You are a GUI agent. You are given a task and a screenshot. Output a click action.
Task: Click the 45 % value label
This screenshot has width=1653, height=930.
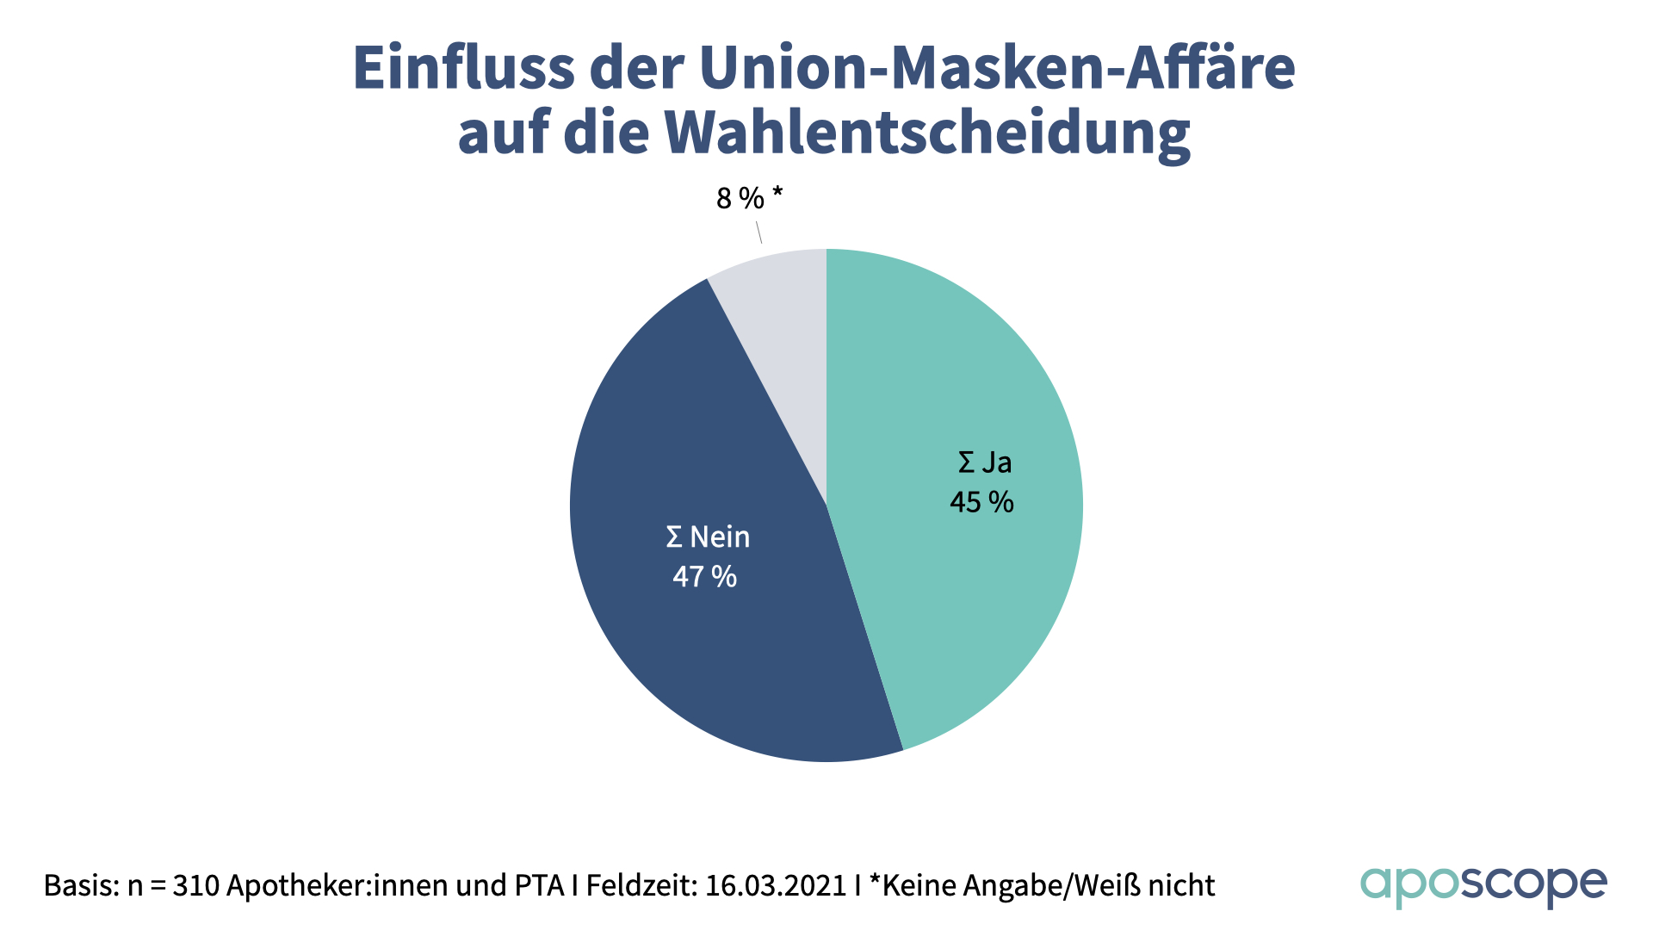981,502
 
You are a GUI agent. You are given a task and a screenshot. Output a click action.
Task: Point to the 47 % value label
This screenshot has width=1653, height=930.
704,576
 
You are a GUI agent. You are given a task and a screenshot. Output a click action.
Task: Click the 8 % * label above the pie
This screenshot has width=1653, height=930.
749,199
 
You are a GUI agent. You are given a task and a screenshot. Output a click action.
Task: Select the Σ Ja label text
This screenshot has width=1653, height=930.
985,462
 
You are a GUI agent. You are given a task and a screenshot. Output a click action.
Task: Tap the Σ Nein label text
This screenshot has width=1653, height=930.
708,537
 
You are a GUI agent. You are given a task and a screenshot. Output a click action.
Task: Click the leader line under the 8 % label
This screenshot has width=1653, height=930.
758,232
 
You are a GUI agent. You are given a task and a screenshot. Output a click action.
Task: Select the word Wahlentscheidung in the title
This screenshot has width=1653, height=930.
927,133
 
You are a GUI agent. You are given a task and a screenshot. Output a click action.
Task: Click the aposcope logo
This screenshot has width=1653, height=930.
1483,886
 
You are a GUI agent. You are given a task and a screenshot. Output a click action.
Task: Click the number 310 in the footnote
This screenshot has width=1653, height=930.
195,885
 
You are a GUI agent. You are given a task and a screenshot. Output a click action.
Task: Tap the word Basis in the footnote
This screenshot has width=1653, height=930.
81,885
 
